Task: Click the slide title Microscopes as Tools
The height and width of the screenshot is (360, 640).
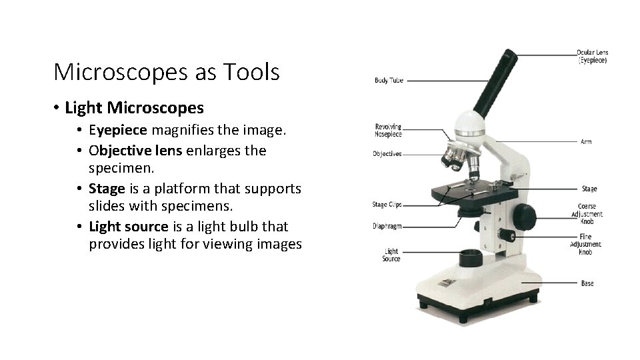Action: pyautogui.click(x=166, y=72)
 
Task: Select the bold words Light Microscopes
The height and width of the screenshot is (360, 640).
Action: pyautogui.click(x=134, y=107)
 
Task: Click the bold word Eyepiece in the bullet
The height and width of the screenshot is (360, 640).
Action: pyautogui.click(x=117, y=130)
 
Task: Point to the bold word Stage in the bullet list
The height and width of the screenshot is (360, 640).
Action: pyautogui.click(x=107, y=189)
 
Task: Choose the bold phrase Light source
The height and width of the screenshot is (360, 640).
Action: pyautogui.click(x=129, y=227)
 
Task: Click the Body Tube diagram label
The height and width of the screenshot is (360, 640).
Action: pyautogui.click(x=389, y=81)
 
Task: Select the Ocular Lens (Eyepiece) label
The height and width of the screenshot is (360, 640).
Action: pyautogui.click(x=592, y=56)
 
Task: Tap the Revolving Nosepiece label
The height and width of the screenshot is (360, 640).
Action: pyautogui.click(x=388, y=130)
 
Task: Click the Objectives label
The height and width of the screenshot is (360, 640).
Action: pyautogui.click(x=387, y=154)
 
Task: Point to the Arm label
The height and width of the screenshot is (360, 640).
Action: pyautogui.click(x=586, y=142)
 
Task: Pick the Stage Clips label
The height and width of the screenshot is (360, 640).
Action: pyautogui.click(x=387, y=205)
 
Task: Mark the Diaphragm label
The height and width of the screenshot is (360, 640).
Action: pyautogui.click(x=387, y=227)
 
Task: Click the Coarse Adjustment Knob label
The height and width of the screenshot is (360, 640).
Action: pyautogui.click(x=587, y=214)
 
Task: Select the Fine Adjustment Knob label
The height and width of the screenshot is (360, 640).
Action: pyautogui.click(x=585, y=245)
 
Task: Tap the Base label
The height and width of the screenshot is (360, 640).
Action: pyautogui.click(x=587, y=283)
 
